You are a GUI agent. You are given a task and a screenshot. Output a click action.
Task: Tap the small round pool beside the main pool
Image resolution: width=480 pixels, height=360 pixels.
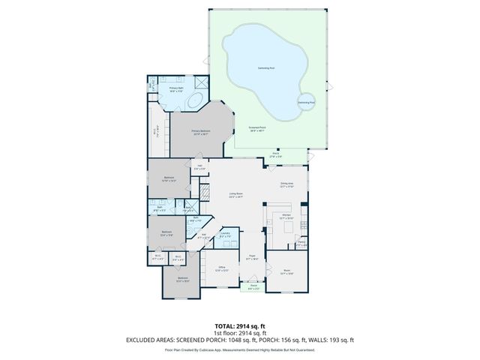[x=306, y=103]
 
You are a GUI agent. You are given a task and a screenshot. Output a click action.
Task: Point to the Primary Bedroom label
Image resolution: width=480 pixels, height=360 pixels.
[x=200, y=132]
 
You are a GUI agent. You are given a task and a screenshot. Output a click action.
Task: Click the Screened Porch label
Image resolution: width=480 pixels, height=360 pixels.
[x=257, y=128]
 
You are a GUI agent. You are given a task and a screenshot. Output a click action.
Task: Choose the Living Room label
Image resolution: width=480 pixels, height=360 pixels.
[x=235, y=196]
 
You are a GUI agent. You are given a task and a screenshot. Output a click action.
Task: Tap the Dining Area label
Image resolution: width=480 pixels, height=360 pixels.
[x=286, y=183]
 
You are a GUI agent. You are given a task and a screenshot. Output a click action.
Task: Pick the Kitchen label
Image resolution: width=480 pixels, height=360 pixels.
[x=286, y=216]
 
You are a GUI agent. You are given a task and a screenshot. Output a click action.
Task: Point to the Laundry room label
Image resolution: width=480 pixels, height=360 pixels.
[x=225, y=235]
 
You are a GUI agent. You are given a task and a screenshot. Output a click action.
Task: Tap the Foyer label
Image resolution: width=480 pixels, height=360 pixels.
[x=253, y=257]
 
